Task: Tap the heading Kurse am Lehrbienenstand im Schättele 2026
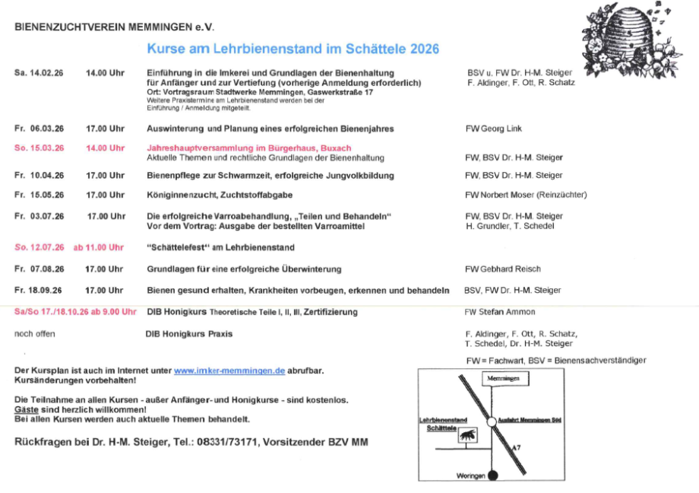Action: coord(293,49)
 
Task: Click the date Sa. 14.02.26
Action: coord(39,73)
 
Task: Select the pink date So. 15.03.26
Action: coord(39,148)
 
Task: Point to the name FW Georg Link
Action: coord(494,129)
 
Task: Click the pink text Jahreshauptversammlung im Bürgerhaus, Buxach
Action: coord(248,148)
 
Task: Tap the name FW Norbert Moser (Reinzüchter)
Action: coord(526,196)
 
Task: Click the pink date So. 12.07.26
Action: coord(39,247)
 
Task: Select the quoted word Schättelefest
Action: coord(176,248)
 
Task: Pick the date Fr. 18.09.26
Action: coord(39,291)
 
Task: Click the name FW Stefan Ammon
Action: coord(500,312)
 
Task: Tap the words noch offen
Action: coord(35,334)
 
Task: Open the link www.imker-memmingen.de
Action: coord(229,371)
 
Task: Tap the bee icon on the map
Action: coord(467,434)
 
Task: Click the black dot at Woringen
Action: coord(492,476)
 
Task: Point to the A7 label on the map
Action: coord(517,449)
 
